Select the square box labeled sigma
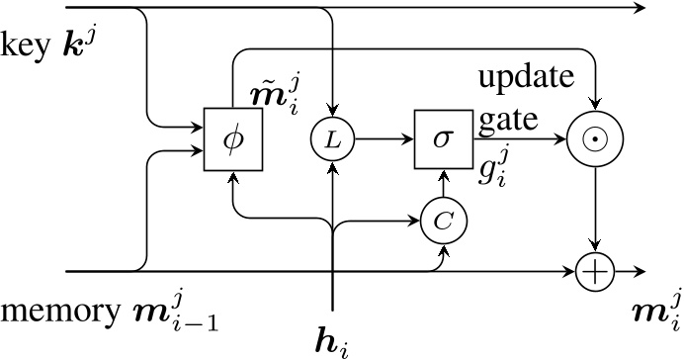coord(442,139)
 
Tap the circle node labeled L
coord(334,140)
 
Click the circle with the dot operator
coord(596,140)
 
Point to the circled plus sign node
coord(595,270)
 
